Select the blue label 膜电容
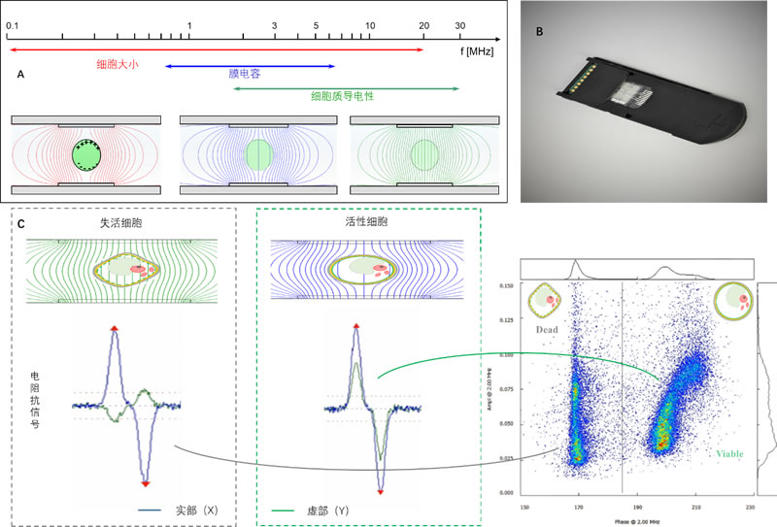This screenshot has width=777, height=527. [x=243, y=73]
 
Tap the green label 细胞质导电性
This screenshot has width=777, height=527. [x=342, y=96]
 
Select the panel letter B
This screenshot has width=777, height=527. [x=541, y=31]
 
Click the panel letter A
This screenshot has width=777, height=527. [x=21, y=75]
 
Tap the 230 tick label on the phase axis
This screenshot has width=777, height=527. [x=750, y=507]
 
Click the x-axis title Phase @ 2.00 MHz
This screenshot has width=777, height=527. [x=637, y=521]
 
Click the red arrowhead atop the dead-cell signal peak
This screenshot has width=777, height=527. [x=116, y=331]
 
